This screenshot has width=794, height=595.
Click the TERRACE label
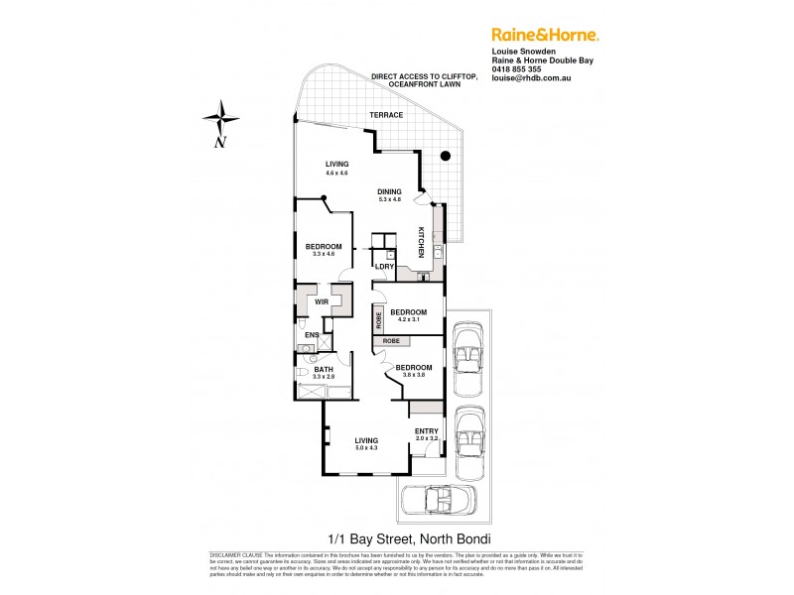tap(387, 115)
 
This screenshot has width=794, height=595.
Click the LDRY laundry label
tap(384, 267)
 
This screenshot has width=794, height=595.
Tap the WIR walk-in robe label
tap(322, 301)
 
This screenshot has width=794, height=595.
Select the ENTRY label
tap(427, 429)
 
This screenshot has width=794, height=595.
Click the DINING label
tap(389, 192)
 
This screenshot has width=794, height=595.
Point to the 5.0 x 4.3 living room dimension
tap(367, 448)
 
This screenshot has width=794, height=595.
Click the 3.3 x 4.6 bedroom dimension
tap(324, 255)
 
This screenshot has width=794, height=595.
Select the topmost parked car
tap(464, 357)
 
